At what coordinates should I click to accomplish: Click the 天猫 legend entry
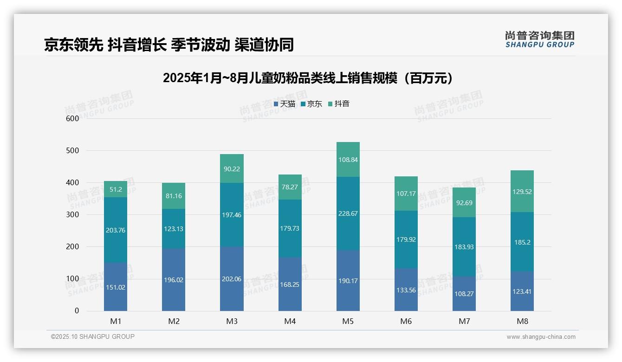[285, 104]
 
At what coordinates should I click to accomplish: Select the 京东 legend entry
[311, 104]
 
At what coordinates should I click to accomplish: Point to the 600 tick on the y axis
[72, 118]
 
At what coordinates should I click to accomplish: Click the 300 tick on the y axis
[72, 215]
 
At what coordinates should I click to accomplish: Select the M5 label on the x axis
[348, 322]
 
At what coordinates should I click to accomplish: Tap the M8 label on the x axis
[522, 322]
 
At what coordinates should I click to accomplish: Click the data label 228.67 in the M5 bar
[348, 213]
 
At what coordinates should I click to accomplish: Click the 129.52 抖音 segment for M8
[522, 191]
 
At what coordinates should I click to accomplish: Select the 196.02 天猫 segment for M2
[174, 280]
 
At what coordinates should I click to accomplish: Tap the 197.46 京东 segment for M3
[232, 215]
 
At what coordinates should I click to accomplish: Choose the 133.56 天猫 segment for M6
[406, 290]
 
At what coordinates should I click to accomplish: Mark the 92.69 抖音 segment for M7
[464, 203]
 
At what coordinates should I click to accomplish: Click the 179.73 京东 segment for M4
[290, 228]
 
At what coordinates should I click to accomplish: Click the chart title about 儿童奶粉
[308, 78]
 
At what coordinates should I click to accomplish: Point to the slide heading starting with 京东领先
[169, 45]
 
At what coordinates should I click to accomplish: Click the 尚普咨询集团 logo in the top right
[539, 39]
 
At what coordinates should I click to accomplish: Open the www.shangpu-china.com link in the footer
[541, 337]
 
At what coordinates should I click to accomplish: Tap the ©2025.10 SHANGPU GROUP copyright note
[93, 336]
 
